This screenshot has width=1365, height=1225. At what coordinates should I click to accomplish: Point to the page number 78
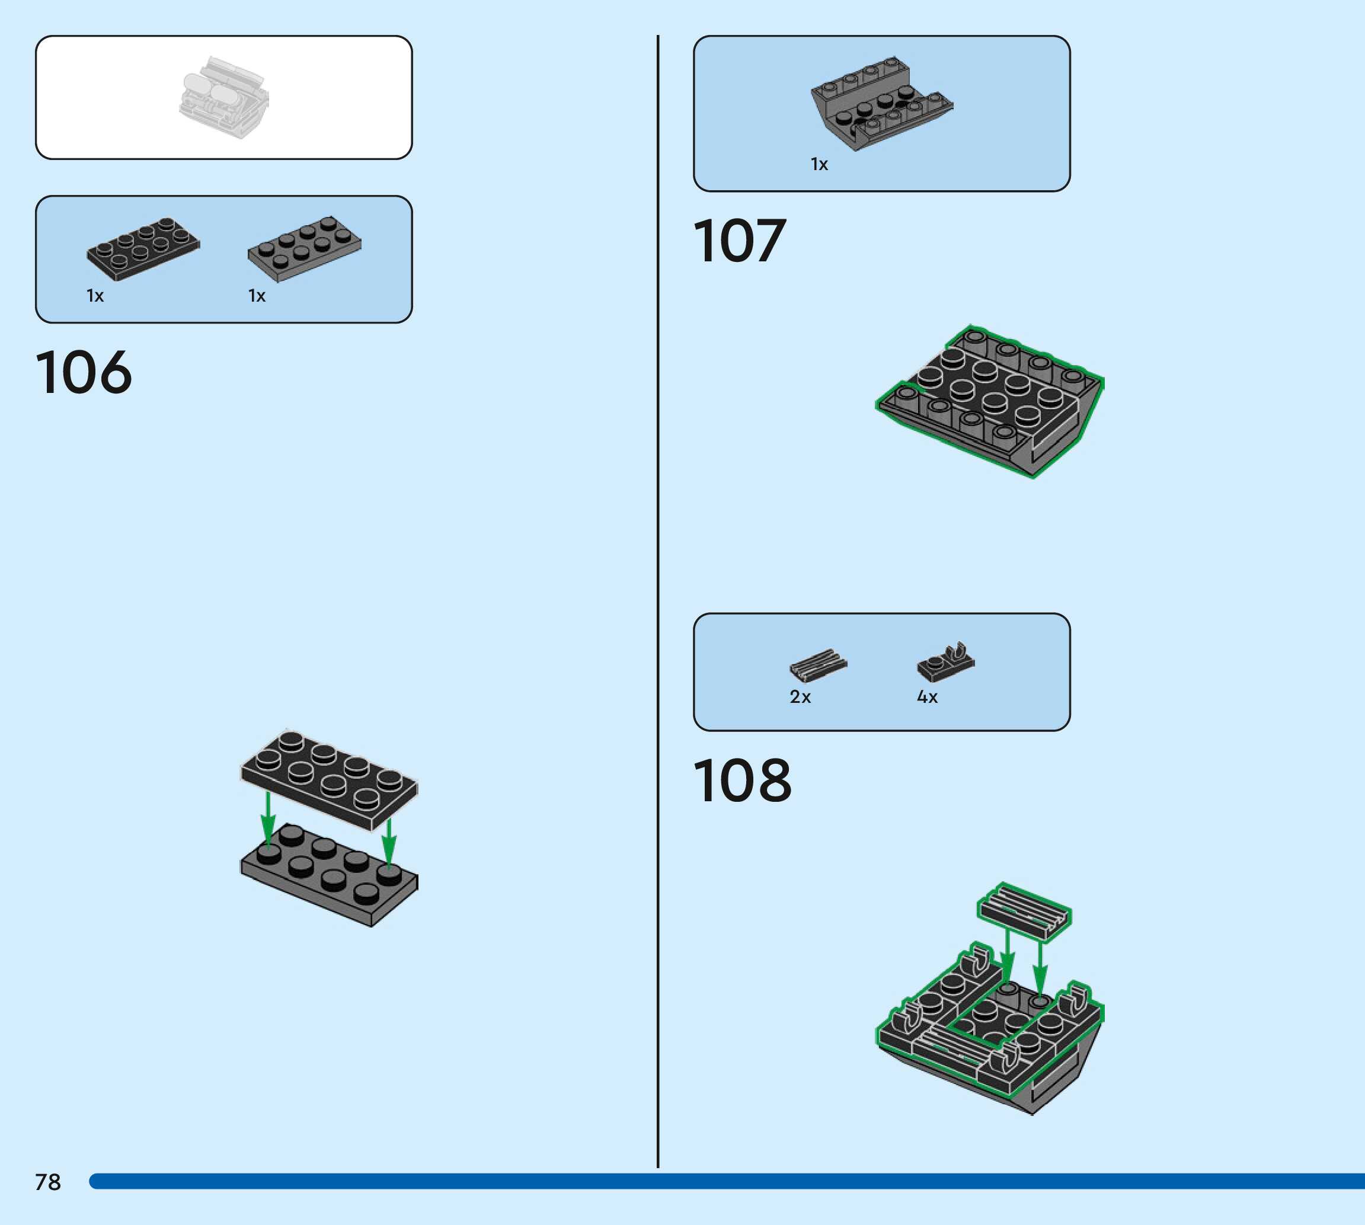[48, 1182]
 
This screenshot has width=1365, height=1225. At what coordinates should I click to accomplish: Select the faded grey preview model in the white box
[224, 98]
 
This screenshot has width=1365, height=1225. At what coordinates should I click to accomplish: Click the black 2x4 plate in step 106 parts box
[143, 248]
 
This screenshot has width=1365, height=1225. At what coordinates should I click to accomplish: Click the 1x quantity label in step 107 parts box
[819, 164]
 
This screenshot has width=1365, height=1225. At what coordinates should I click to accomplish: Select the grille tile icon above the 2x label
[818, 665]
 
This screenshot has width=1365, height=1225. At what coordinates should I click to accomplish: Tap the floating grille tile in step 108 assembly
[1024, 911]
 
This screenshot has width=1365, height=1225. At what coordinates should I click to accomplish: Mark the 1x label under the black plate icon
[95, 296]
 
